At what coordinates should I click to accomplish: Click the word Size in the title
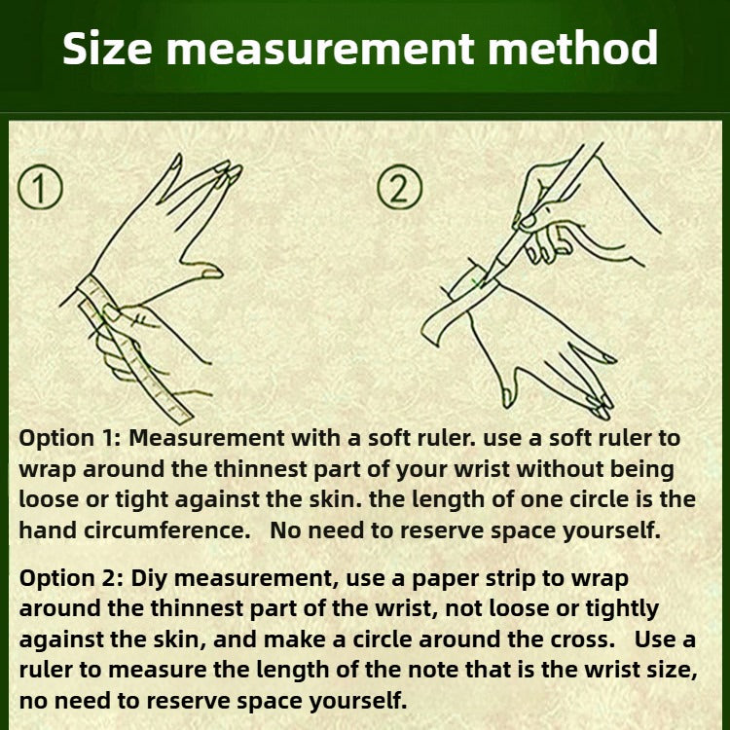(107, 48)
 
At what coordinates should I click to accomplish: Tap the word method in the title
(572, 48)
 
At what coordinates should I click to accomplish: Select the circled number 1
(40, 188)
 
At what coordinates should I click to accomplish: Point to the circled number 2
(400, 187)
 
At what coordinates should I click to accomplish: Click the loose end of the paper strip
(430, 331)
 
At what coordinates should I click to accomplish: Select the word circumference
(167, 529)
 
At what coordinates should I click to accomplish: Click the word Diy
(149, 579)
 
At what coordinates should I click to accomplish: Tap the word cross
(583, 639)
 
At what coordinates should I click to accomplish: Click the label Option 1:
(70, 439)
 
